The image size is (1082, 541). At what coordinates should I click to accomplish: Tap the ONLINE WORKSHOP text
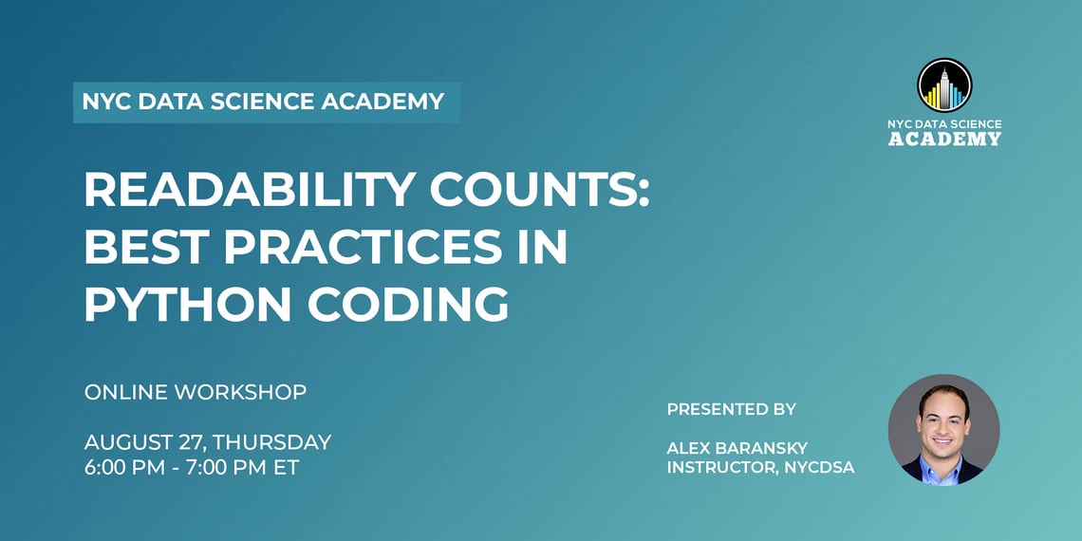(x=196, y=392)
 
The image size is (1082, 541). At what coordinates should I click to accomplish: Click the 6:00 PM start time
(x=122, y=468)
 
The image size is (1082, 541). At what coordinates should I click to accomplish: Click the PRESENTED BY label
(x=731, y=409)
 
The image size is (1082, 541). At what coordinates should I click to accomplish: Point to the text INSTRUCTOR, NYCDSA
(x=760, y=467)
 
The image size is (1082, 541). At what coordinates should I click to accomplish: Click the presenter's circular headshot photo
(x=943, y=430)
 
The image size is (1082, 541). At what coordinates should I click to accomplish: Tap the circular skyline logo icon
(x=944, y=85)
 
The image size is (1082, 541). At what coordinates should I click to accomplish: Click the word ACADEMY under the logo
(x=944, y=140)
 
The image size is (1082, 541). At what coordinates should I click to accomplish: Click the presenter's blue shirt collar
(x=944, y=468)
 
